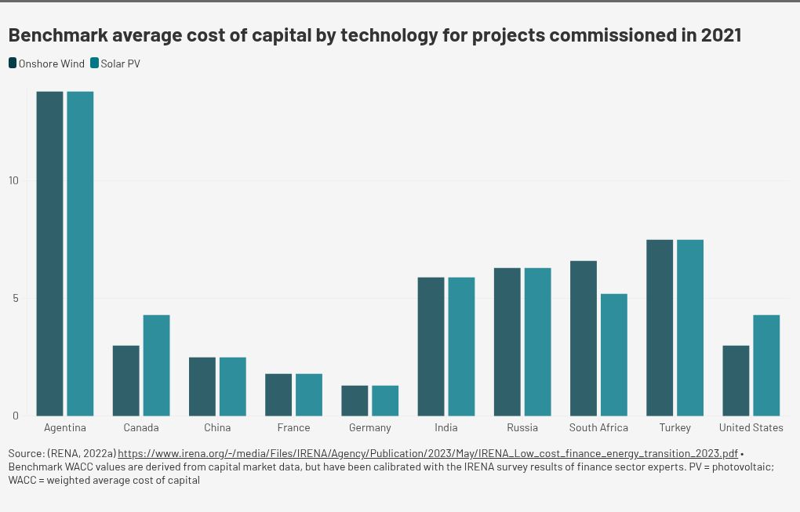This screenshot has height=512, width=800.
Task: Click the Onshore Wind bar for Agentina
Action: [49, 253]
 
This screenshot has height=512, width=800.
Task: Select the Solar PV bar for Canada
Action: [156, 365]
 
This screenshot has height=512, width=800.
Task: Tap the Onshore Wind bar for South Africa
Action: [583, 338]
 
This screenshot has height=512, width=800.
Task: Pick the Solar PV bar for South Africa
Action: [614, 354]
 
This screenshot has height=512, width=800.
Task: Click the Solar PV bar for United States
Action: [766, 365]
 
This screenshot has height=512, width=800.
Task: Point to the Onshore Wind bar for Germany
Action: [355, 401]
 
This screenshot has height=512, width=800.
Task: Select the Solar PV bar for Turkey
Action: [690, 328]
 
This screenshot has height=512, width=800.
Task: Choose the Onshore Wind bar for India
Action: [431, 347]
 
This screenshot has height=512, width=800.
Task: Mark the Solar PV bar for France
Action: [309, 394]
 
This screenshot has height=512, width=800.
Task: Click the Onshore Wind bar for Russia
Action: [507, 342]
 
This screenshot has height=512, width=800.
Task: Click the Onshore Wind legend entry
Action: [46, 64]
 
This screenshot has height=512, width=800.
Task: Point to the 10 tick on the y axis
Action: [13, 180]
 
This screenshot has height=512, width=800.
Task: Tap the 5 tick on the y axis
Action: [15, 298]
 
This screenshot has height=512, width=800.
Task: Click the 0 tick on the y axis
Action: [15, 416]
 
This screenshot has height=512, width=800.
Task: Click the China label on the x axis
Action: [217, 427]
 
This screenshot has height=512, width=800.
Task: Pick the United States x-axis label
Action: [751, 427]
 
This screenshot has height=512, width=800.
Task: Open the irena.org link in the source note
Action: [427, 453]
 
